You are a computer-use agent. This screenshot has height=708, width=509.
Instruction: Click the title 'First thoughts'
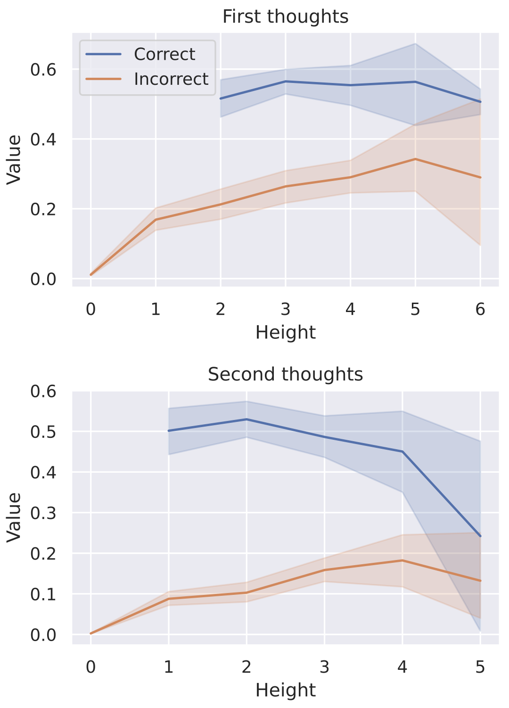285,16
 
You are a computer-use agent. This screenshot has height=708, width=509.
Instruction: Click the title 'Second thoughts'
285,374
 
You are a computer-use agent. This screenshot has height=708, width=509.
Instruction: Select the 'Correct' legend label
164,54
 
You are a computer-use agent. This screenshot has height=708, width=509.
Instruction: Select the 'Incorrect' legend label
171,79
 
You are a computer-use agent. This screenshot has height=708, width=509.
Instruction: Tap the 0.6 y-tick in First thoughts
43,70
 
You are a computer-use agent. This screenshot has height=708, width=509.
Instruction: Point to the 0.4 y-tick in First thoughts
43,140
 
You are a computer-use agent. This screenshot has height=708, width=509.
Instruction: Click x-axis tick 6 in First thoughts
480,309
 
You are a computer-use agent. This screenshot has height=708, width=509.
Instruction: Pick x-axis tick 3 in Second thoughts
324,667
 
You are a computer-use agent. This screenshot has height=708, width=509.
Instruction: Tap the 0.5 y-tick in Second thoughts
43,432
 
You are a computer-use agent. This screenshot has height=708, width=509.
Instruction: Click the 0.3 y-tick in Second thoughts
43,513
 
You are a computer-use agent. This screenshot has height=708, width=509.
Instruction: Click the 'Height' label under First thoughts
285,332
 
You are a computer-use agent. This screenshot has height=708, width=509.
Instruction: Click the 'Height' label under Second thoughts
285,690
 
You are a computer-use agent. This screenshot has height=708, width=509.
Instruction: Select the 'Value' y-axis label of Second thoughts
14,517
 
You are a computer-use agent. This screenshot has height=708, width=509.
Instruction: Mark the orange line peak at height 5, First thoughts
415,159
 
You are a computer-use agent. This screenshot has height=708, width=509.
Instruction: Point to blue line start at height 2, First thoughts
221,98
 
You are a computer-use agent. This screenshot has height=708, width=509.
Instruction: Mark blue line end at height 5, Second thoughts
480,536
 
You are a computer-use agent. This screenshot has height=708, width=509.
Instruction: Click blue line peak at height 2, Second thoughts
246,419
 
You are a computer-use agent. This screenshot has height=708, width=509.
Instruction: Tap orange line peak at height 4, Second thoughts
402,560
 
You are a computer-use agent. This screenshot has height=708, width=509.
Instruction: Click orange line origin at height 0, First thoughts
91,274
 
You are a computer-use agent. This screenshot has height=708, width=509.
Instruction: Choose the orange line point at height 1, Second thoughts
169,599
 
